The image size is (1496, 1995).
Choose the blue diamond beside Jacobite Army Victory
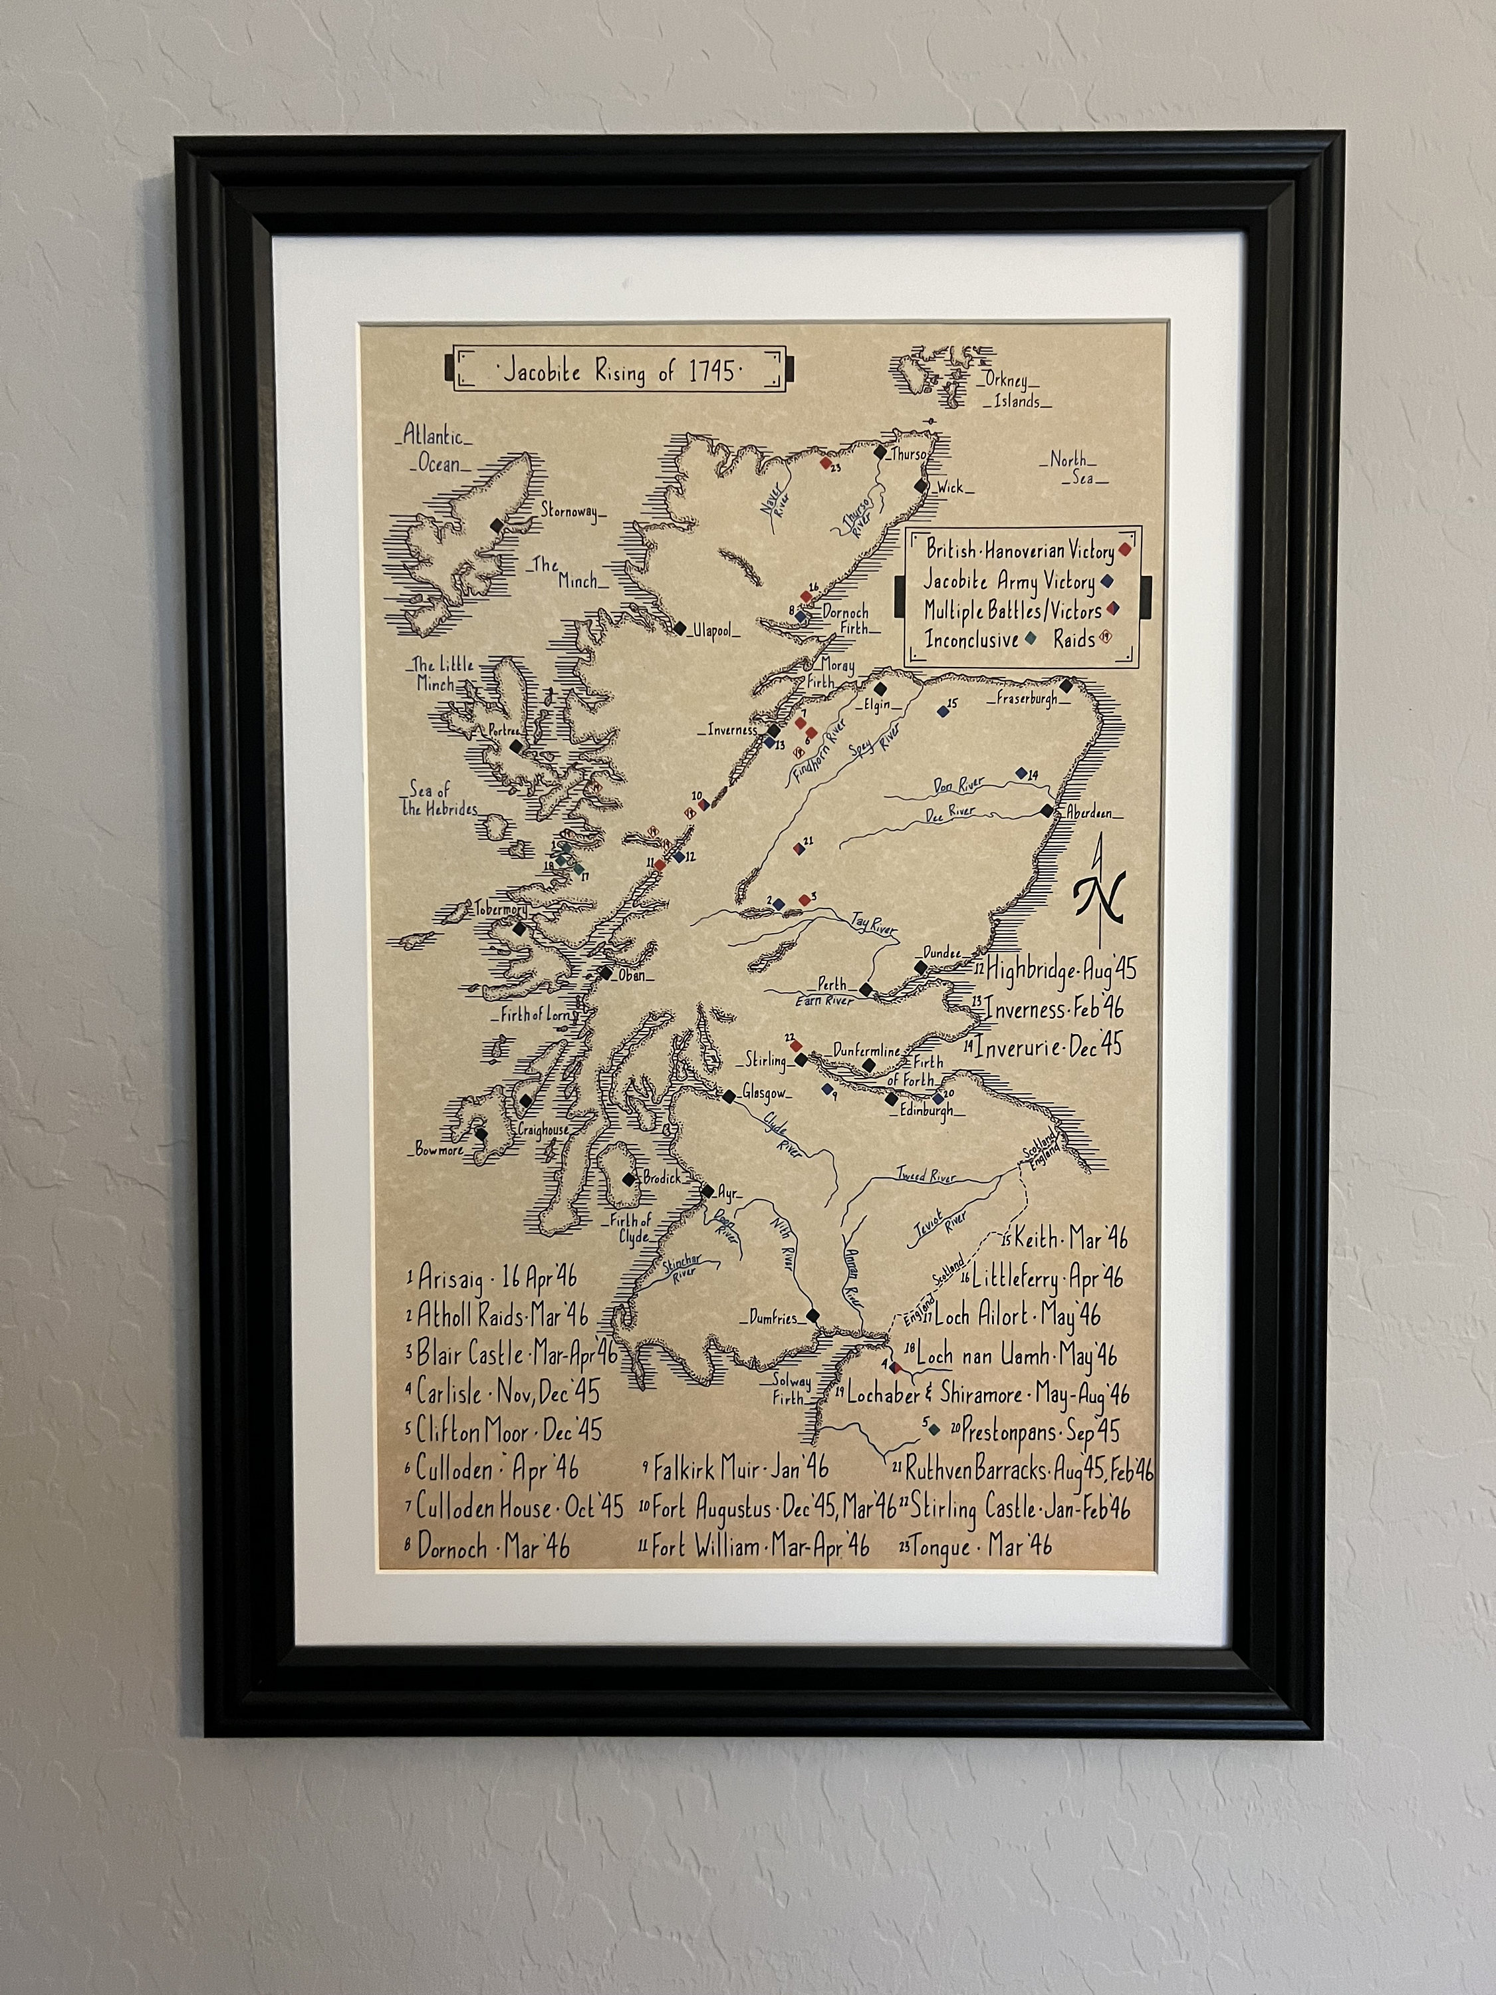click(1106, 582)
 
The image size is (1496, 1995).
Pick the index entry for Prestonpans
click(1033, 1430)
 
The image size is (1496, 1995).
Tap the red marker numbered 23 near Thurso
click(825, 462)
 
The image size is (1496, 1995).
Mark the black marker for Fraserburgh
click(1066, 686)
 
